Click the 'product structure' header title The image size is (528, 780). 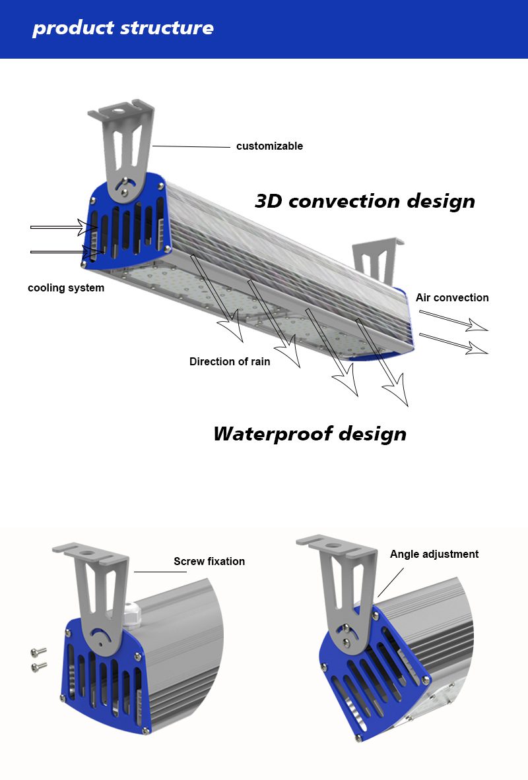123,28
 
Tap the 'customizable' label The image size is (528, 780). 269,146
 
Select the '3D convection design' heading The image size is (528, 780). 365,201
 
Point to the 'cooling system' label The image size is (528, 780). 66,288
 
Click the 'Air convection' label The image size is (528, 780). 452,298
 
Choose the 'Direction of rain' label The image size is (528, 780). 230,362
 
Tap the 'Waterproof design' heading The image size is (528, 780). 310,434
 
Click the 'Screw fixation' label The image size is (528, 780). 209,562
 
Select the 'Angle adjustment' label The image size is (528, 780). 434,555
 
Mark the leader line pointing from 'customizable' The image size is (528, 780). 192,146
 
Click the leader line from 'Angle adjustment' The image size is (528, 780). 389,584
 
